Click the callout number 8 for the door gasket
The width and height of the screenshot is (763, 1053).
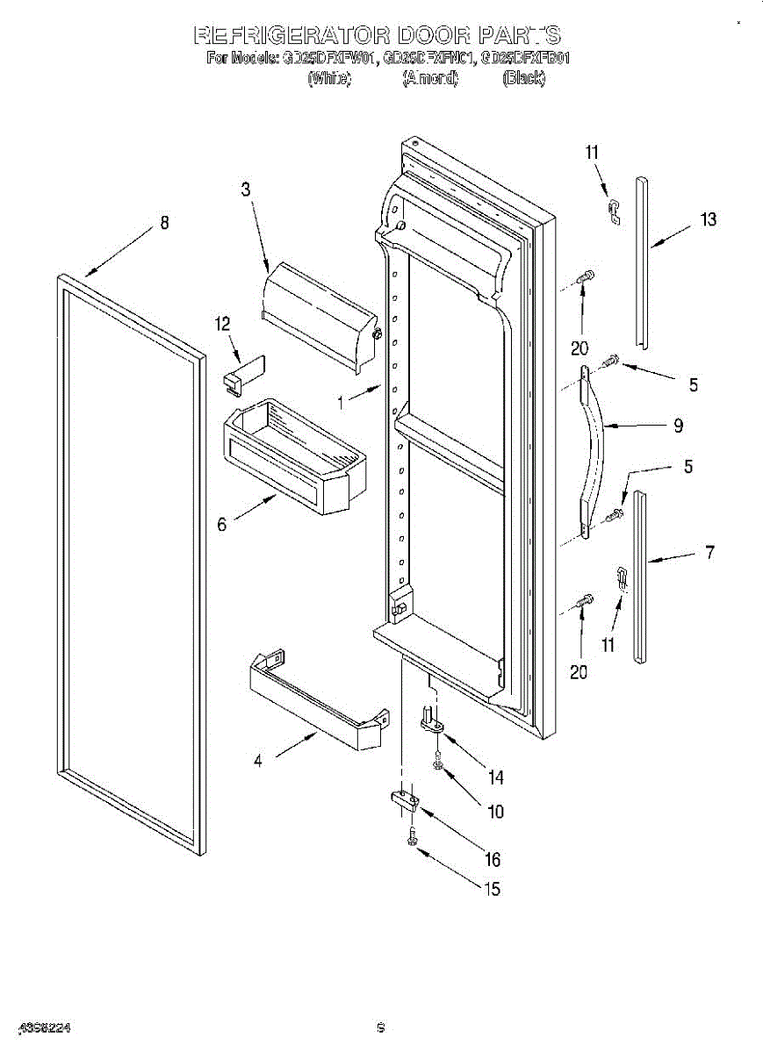click(164, 223)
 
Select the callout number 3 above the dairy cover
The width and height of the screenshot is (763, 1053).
click(246, 189)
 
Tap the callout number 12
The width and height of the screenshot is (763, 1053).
click(222, 324)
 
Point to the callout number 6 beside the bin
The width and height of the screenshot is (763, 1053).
click(222, 524)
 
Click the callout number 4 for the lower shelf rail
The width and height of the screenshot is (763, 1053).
click(258, 761)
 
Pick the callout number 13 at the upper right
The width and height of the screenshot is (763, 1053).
click(708, 219)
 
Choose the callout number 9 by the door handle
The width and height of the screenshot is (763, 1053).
click(678, 426)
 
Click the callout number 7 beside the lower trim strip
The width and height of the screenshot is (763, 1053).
click(709, 552)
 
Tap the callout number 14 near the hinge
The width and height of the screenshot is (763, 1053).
click(495, 776)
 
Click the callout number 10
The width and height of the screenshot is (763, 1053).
click(495, 812)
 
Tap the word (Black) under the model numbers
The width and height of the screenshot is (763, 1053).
click(522, 78)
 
